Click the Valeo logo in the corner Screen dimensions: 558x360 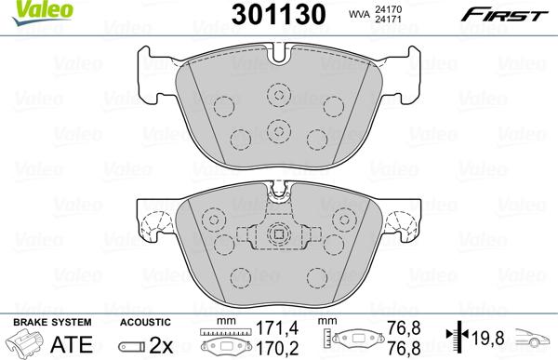click(43, 12)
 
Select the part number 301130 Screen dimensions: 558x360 click(278, 15)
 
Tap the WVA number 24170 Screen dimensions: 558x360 click(388, 9)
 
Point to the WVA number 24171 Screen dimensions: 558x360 click(388, 20)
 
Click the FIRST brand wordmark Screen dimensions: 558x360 click(504, 16)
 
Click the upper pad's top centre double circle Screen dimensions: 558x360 click(279, 95)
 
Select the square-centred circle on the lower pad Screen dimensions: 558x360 click(279, 233)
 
